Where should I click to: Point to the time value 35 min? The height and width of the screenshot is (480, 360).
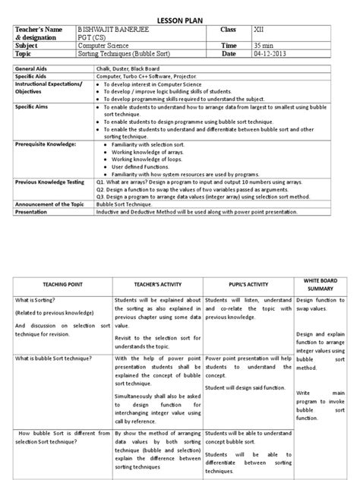(265, 46)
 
